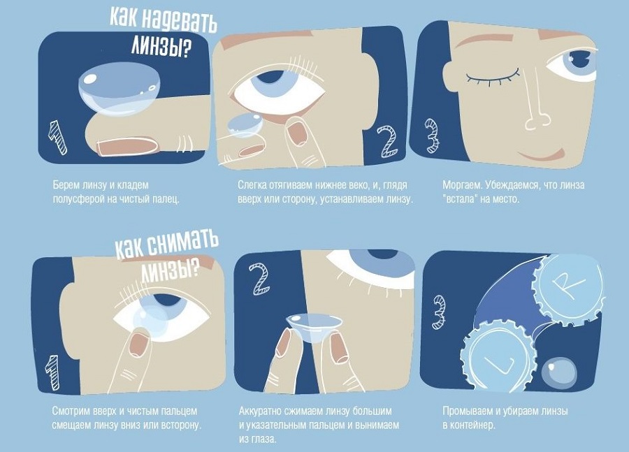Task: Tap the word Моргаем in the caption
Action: pyautogui.click(x=461, y=186)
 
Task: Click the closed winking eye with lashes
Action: pyautogui.click(x=493, y=78)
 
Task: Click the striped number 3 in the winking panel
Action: pyautogui.click(x=433, y=135)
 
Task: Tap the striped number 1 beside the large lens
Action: pyautogui.click(x=57, y=138)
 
